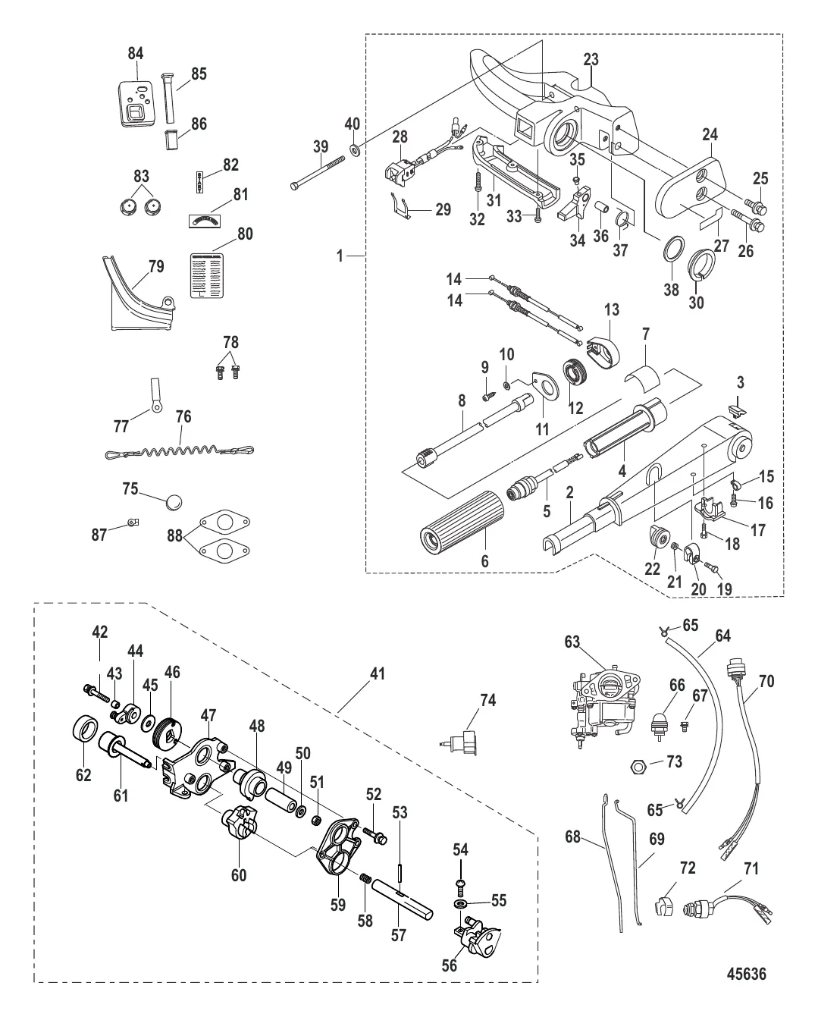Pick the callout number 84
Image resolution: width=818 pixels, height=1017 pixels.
(x=136, y=54)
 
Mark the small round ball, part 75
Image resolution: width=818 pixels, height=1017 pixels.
(x=173, y=501)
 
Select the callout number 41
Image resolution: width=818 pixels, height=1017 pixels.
(x=377, y=672)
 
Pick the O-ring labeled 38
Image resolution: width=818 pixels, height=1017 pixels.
(x=672, y=248)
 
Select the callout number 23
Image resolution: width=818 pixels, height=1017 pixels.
(x=591, y=59)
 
